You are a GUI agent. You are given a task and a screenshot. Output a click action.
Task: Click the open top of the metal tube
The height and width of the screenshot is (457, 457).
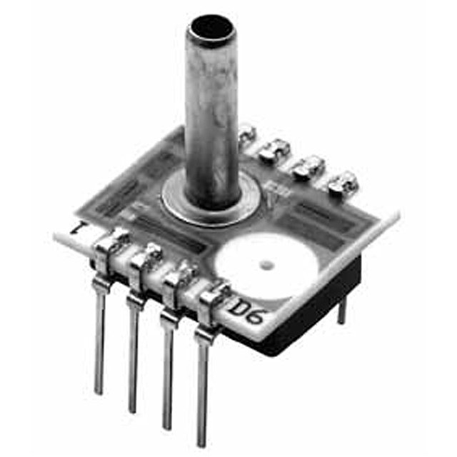click(211, 29)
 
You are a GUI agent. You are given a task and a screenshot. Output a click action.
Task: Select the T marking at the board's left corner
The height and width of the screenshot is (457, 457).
click(79, 231)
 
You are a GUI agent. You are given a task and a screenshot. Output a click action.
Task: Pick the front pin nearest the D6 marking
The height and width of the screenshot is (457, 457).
click(204, 378)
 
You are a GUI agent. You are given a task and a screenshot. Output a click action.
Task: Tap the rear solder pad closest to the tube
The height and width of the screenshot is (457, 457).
click(246, 131)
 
